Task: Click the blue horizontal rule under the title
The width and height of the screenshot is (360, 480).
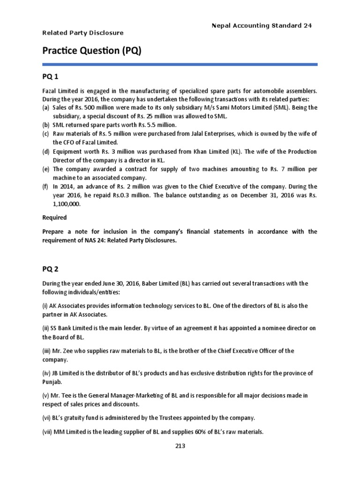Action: (180, 64)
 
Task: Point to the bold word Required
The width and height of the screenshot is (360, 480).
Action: (54, 217)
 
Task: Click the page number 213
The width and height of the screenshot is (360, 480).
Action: (180, 446)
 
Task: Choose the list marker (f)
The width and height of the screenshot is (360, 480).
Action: (45, 187)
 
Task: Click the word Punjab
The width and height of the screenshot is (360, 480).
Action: (53, 382)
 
